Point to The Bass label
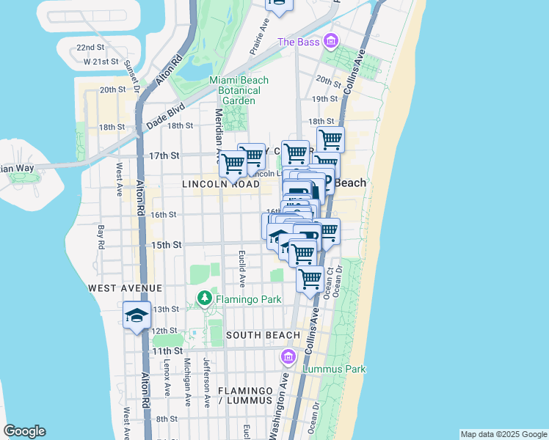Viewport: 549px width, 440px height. (x=298, y=42)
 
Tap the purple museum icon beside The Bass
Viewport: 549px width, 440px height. (x=331, y=40)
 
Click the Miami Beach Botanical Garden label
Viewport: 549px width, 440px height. (x=239, y=90)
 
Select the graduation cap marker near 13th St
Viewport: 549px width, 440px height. (x=137, y=315)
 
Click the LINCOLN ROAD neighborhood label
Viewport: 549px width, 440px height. (x=220, y=186)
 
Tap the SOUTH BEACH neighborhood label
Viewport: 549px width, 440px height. (x=263, y=335)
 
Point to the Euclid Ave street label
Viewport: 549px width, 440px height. (x=241, y=268)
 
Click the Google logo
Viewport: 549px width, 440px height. (x=24, y=431)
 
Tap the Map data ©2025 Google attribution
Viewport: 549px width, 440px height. (x=503, y=434)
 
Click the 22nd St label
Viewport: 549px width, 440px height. (x=90, y=48)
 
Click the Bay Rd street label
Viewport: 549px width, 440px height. (x=101, y=236)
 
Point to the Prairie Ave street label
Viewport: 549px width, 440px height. (x=255, y=41)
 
